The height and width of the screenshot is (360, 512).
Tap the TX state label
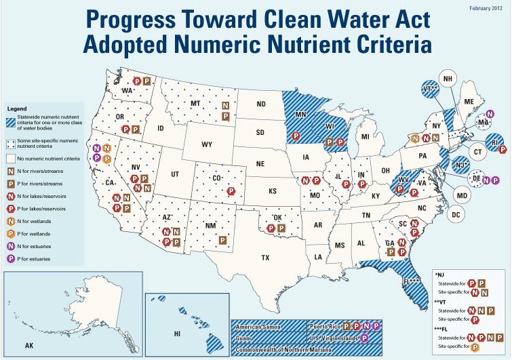tap(265, 257)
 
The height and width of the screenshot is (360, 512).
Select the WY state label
tap(207, 145)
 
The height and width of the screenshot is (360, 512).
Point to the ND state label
tap(261, 104)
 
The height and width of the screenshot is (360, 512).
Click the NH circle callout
tap(448, 79)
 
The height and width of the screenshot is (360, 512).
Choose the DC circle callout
tap(456, 215)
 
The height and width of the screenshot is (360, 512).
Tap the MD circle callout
tap(462, 196)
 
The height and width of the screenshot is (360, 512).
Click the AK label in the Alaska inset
tap(29, 345)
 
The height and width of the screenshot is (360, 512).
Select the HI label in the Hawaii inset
tap(177, 334)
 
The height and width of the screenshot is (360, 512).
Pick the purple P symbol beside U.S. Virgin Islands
tap(366, 337)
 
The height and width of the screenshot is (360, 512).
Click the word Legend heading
tap(18, 108)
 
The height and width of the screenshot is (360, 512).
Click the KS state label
tap(273, 192)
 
